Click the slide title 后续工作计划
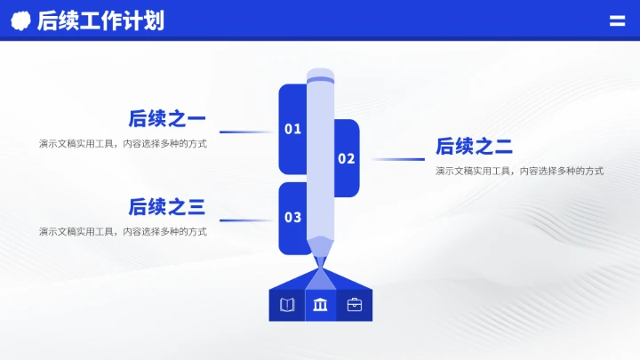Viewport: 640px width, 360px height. tap(100, 20)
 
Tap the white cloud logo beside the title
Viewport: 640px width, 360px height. tap(20, 20)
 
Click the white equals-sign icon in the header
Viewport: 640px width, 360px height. tap(617, 20)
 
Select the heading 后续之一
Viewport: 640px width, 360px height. tap(167, 118)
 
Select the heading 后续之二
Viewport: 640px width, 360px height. tap(474, 147)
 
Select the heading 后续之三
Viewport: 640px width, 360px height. tap(167, 207)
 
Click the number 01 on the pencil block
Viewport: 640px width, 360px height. tap(292, 130)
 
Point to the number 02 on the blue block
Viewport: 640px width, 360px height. tap(346, 159)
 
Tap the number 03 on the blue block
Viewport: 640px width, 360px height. tap(292, 217)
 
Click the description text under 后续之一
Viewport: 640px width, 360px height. tap(123, 143)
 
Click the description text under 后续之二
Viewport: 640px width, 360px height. tap(519, 171)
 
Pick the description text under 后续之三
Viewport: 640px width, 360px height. tap(123, 231)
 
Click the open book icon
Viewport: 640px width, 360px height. tap(286, 305)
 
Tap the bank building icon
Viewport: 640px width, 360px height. tap(320, 305)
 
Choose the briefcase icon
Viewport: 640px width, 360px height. tap(355, 305)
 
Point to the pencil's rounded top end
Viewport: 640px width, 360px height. tap(320, 75)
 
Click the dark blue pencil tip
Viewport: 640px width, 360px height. tap(320, 252)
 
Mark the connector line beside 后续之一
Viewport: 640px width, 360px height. tap(247, 132)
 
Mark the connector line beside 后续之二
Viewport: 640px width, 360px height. tap(397, 160)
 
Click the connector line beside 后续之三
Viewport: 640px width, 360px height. tap(247, 220)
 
